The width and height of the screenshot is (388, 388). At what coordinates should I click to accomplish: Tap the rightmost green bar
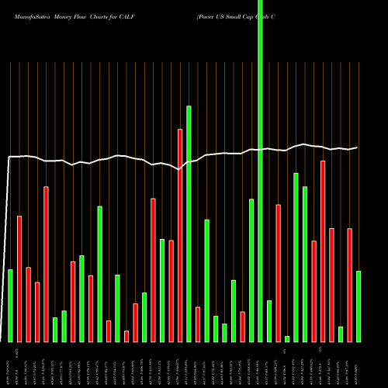[x=359, y=306]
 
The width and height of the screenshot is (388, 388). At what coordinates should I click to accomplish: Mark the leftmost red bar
[x=19, y=279]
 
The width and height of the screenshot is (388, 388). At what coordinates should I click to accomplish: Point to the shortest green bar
[x=287, y=338]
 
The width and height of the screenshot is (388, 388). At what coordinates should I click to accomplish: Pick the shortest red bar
[x=126, y=336]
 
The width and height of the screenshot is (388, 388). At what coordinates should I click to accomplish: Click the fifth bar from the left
[x=46, y=264]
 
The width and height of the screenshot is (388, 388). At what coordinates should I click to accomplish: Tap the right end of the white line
[x=358, y=147]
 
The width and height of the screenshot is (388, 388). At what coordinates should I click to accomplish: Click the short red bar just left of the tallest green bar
[x=242, y=326]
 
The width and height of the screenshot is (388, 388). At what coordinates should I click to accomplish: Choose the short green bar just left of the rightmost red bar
[x=341, y=334]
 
